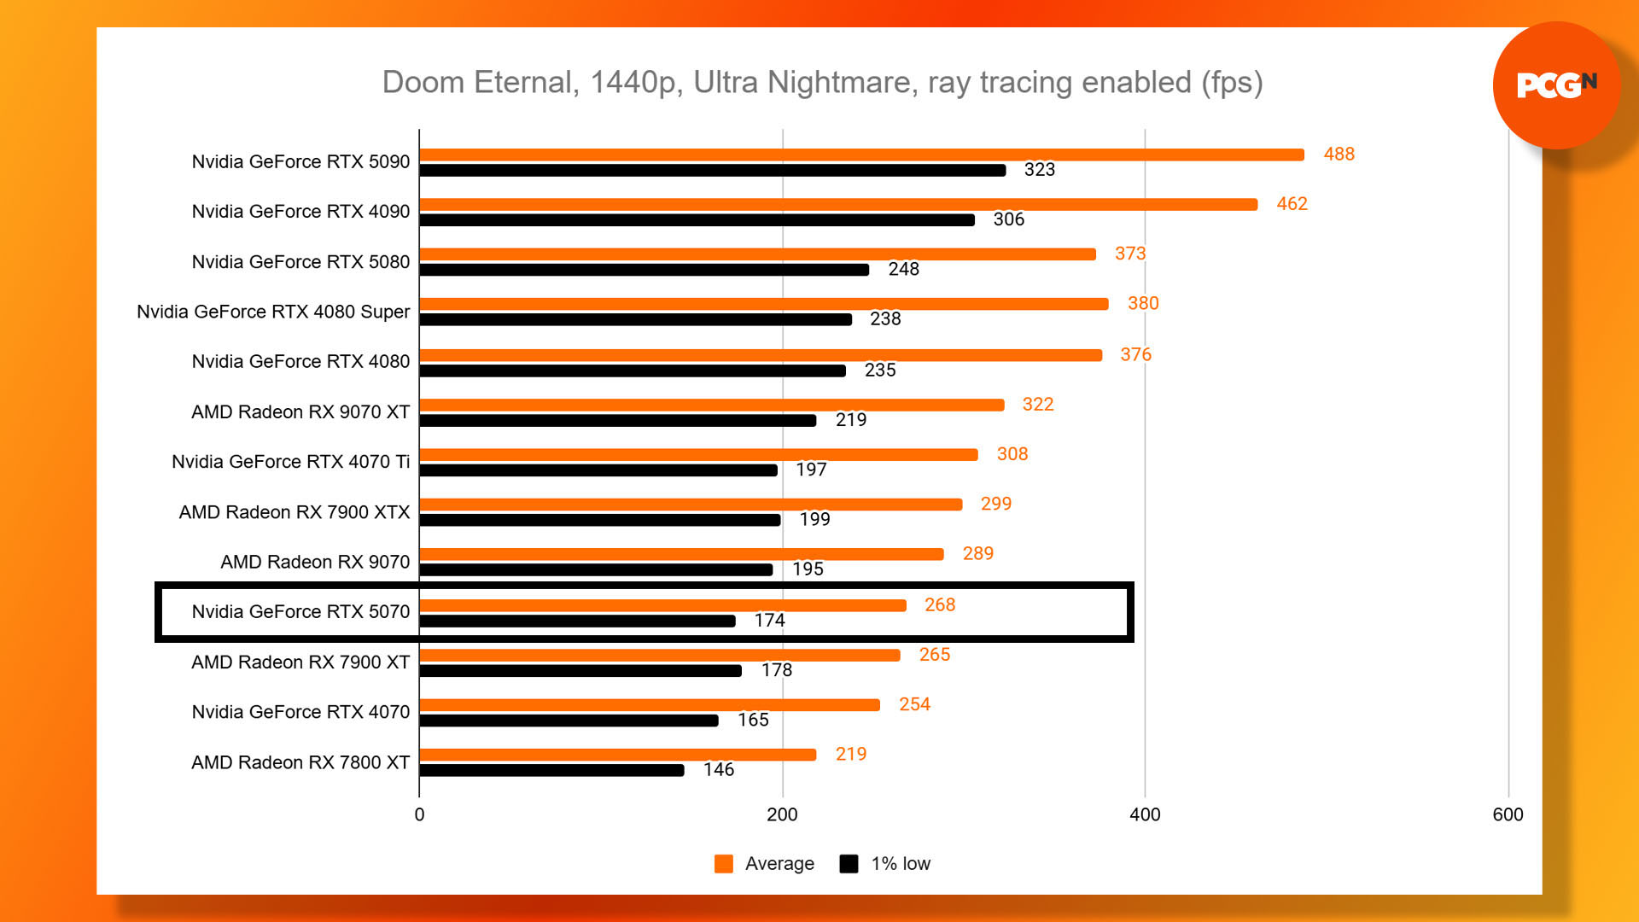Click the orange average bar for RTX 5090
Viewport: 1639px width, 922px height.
tap(861, 155)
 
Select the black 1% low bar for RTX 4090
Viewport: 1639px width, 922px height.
tap(697, 220)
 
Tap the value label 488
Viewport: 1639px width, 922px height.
tap(1339, 154)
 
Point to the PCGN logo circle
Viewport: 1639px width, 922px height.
tap(1556, 85)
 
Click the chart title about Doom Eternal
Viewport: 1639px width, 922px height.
tap(822, 82)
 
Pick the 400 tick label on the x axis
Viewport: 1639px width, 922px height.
tap(1145, 814)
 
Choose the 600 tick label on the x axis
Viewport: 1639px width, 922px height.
tap(1508, 814)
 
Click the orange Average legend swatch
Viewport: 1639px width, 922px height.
tap(724, 864)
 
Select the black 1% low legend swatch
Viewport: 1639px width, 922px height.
tap(849, 864)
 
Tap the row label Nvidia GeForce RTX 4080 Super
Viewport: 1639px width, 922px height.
tap(273, 312)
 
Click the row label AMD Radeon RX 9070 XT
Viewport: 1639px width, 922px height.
tap(300, 411)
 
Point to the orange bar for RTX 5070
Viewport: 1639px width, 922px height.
tap(662, 605)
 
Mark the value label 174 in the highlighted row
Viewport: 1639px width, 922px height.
tap(769, 621)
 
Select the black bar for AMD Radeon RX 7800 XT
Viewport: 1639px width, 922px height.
tap(551, 771)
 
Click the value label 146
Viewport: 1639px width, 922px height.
tap(719, 770)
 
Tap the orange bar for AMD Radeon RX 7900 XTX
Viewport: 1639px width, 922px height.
tap(691, 505)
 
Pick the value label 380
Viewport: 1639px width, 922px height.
tap(1143, 303)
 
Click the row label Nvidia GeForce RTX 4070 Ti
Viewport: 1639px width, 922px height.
tap(290, 462)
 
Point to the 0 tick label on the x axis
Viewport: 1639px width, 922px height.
tap(419, 814)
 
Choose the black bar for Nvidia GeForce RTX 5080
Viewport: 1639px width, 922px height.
tap(644, 270)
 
